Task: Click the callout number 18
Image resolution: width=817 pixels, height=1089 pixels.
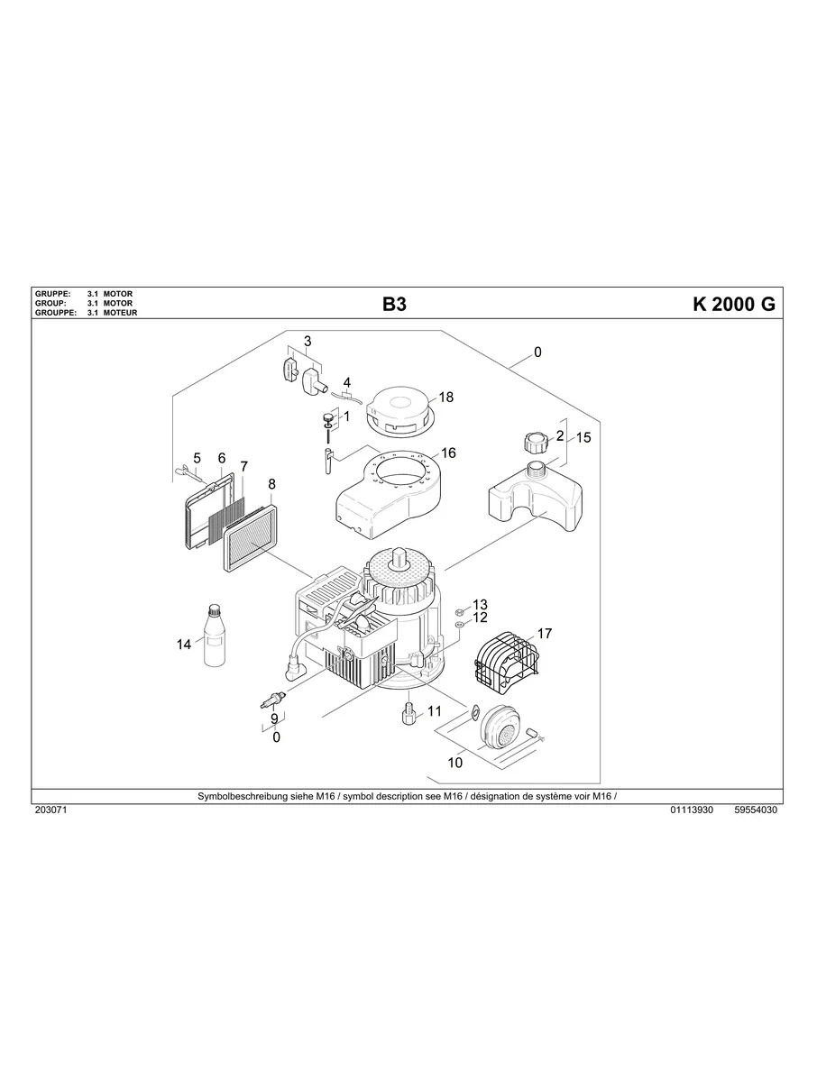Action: point(446,397)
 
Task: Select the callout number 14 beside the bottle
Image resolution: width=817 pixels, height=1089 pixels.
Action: point(184,644)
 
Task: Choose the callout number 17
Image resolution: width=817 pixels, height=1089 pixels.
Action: point(545,634)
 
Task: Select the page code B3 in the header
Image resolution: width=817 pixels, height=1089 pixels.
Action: point(394,304)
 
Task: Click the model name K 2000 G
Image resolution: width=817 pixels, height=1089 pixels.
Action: point(733,304)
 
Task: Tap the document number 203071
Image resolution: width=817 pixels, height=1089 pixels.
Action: point(51,810)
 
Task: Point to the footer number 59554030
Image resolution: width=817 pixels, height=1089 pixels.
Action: point(756,810)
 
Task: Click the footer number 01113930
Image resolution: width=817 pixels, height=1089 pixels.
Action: point(692,810)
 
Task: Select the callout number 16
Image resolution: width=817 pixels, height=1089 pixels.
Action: point(448,453)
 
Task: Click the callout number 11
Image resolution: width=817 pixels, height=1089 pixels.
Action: point(435,710)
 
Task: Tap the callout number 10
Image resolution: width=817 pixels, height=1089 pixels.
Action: point(454,763)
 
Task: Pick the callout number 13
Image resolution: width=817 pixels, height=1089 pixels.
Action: point(480,604)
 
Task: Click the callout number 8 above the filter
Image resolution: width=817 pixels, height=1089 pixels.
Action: point(271,484)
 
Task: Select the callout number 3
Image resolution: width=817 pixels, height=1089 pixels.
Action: point(307,341)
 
